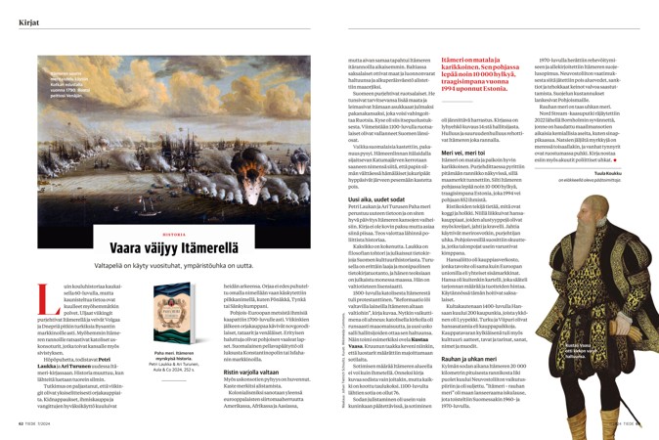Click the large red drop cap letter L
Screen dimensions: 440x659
point(28,290)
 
